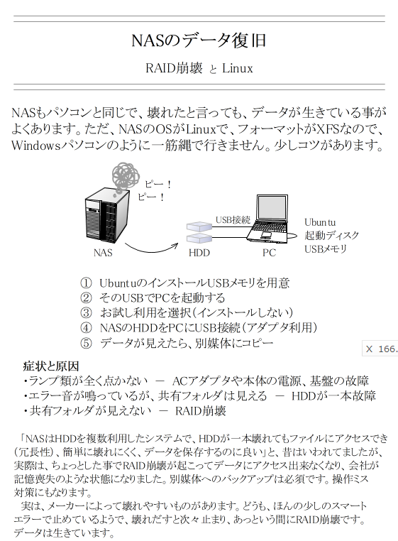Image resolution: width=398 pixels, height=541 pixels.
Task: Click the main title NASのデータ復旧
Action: (x=199, y=41)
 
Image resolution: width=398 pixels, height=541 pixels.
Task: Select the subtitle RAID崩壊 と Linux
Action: (x=199, y=69)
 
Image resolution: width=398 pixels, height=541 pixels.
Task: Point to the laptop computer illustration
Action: (x=273, y=217)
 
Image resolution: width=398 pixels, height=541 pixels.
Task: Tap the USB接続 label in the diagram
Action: (x=233, y=220)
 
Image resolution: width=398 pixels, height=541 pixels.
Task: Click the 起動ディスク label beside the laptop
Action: (x=332, y=235)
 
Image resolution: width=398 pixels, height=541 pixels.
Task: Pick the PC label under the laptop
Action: (x=269, y=252)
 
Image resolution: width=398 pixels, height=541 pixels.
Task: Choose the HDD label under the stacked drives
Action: (x=199, y=252)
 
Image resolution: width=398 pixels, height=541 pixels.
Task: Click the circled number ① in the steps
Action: (x=86, y=283)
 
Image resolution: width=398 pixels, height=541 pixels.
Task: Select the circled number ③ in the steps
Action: (x=86, y=312)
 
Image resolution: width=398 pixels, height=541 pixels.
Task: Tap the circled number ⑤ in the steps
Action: (x=86, y=343)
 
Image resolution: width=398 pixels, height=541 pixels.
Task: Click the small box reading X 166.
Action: (x=381, y=349)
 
